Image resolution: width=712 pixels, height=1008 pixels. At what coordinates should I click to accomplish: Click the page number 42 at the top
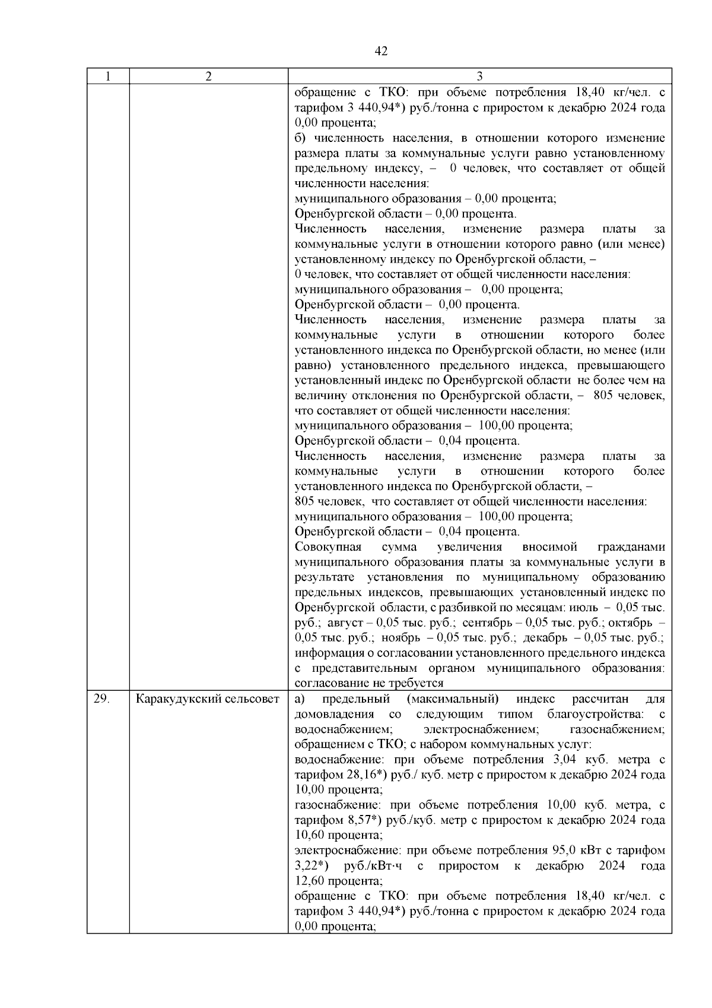coord(382,51)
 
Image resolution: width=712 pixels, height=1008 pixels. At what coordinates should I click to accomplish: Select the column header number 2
coord(208,76)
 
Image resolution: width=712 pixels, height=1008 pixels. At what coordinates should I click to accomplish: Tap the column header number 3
coord(479,76)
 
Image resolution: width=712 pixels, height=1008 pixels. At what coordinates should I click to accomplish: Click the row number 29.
coord(101,699)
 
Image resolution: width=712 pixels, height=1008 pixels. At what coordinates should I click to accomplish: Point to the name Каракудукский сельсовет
coord(208,699)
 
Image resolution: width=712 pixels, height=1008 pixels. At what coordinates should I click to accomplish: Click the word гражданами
coord(631,547)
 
